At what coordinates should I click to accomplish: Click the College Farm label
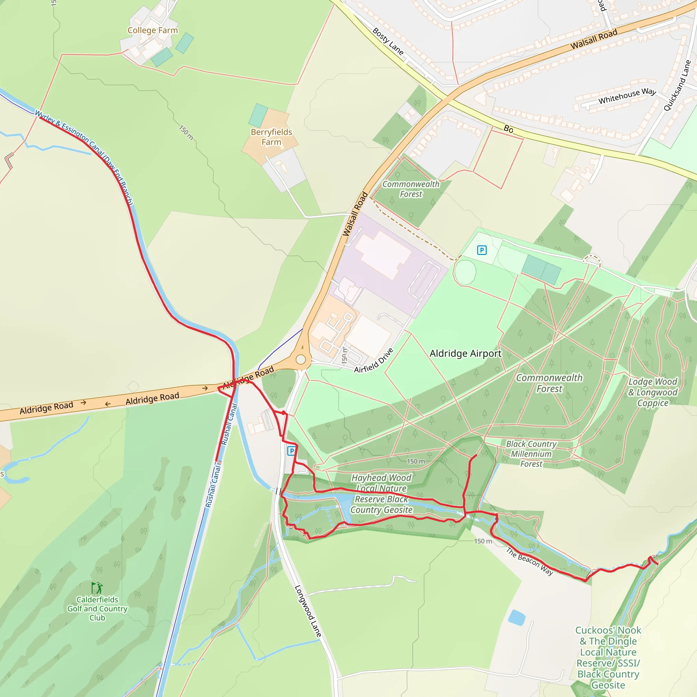coord(152,30)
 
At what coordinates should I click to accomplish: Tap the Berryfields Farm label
coord(271,137)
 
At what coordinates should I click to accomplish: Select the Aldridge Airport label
coord(465,354)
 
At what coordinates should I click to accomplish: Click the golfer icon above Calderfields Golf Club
coord(97,588)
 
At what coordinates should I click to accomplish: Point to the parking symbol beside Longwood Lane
coord(292,451)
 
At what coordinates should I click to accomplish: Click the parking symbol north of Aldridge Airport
coord(482,250)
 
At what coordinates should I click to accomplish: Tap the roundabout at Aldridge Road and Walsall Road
coord(301,360)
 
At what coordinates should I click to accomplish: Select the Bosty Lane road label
coord(388,42)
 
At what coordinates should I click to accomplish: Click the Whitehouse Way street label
coord(627,96)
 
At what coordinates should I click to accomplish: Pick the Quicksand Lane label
coord(677,85)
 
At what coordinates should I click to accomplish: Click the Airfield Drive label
coord(373,360)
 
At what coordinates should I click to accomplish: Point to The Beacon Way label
coord(529,561)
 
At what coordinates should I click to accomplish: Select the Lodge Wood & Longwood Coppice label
coord(653,392)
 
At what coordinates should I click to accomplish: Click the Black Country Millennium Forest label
coord(531,454)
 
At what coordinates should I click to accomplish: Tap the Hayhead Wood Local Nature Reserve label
coord(381,493)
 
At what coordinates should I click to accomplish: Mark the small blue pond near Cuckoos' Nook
coord(517,618)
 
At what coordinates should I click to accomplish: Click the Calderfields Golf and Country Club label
coord(97,609)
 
